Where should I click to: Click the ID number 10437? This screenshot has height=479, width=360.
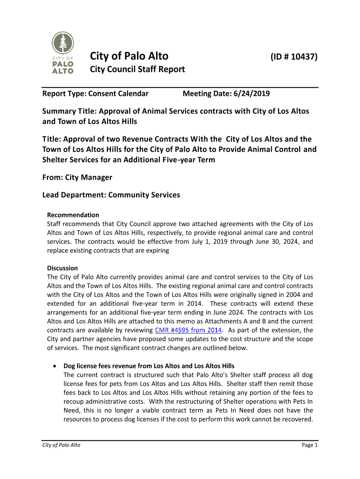click(294, 57)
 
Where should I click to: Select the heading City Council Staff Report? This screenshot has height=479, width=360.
click(137, 70)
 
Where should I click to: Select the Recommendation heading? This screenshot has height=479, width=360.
click(73, 215)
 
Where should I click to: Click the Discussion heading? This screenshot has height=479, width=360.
click(62, 268)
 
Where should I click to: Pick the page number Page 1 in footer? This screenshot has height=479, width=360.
click(310, 445)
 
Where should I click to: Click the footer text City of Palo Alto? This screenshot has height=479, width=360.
click(61, 445)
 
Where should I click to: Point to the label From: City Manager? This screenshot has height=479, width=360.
click(77, 178)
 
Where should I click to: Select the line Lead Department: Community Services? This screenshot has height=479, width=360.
click(111, 195)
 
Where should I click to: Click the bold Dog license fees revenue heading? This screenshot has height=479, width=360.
click(149, 366)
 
